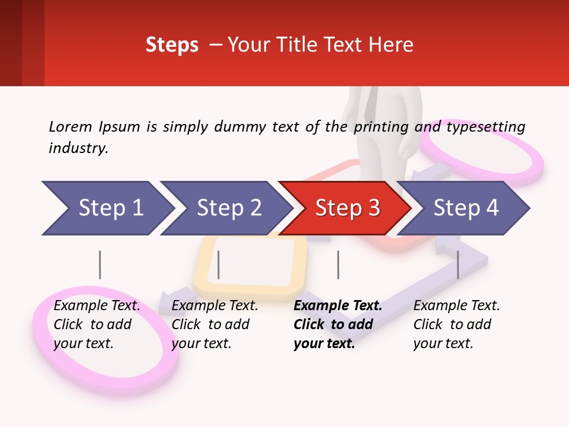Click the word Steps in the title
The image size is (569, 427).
(x=172, y=45)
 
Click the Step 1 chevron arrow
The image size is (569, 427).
(x=107, y=208)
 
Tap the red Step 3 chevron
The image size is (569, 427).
(x=347, y=208)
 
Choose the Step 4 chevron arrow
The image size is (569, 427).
(x=465, y=208)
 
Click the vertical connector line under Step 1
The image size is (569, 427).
(x=100, y=265)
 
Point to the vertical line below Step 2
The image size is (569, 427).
(x=219, y=265)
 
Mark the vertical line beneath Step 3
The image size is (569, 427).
(x=338, y=265)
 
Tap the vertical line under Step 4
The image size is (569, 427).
(x=458, y=265)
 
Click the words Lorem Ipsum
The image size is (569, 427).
(x=94, y=127)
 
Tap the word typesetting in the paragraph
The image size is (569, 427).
(x=485, y=127)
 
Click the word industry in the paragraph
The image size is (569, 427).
(x=77, y=148)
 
